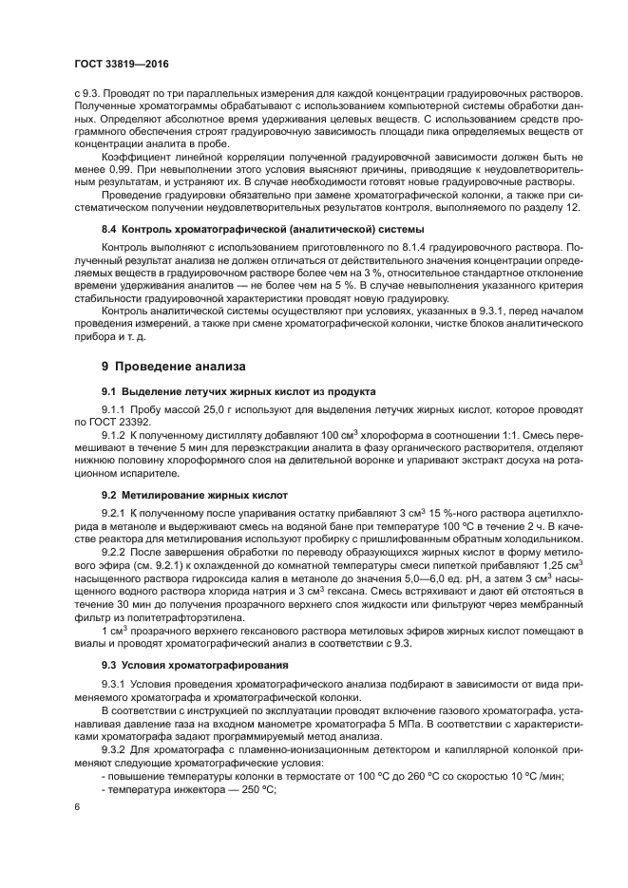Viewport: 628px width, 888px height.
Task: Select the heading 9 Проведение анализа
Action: [x=174, y=365]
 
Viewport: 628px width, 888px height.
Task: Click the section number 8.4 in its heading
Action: [x=110, y=230]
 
